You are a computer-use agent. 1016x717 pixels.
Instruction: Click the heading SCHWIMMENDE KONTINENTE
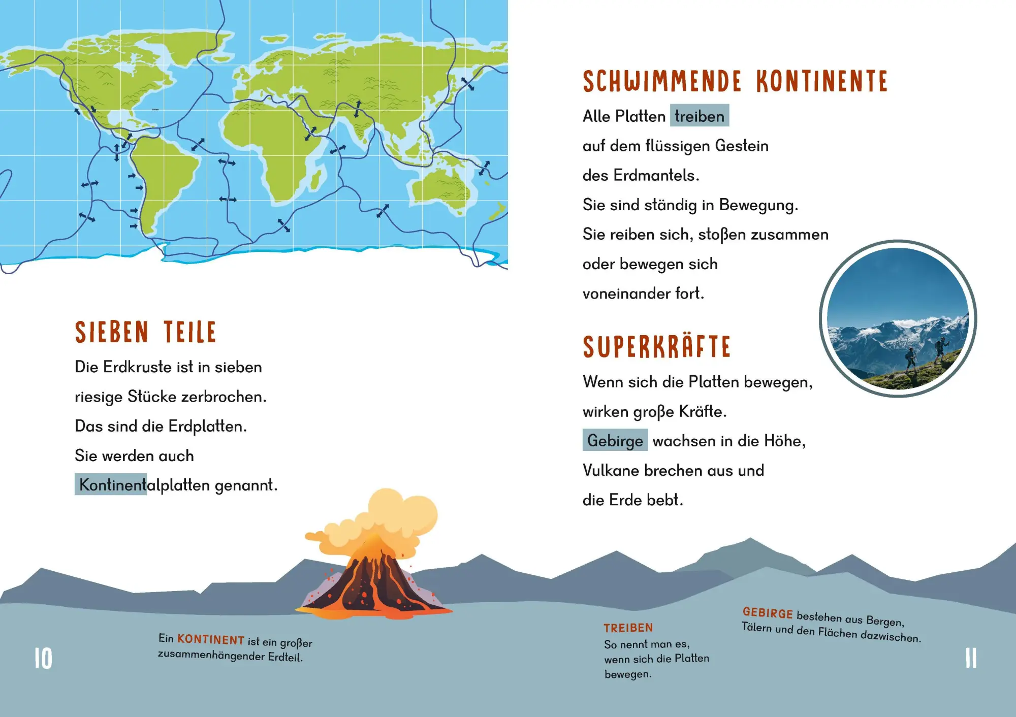coord(735,82)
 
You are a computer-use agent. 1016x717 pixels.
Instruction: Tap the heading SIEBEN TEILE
coord(145,333)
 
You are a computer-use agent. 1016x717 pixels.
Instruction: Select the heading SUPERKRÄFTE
coord(656,347)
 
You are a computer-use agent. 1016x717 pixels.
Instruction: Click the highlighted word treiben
coord(700,116)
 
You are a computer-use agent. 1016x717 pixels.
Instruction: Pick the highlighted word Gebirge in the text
coord(615,440)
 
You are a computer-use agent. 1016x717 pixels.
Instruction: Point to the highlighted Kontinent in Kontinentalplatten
coord(111,484)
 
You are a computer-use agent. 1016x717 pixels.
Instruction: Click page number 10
coord(43,659)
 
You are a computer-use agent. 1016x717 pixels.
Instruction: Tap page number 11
coord(970,659)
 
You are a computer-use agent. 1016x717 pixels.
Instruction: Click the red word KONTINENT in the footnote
coord(211,640)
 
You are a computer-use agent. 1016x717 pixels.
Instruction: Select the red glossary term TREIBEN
coord(628,628)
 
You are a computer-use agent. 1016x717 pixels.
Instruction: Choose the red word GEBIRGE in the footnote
coord(767,613)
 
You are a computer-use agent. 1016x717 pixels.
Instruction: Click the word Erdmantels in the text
coord(656,175)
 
